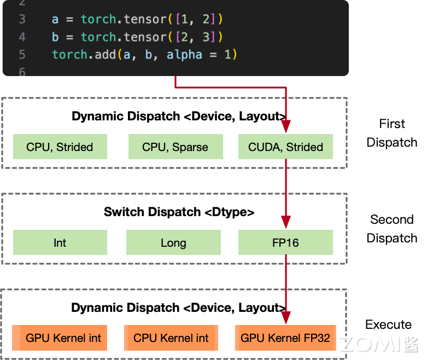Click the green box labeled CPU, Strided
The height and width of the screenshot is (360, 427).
coord(60,147)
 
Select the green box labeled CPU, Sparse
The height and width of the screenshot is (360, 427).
coord(175,147)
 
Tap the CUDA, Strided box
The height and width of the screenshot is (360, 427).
coord(285,147)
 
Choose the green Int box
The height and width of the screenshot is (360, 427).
coord(60,242)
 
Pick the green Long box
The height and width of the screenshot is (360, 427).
coord(173,242)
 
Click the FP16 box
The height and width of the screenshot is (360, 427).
coord(285,242)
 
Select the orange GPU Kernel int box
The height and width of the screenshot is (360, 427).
coord(60,338)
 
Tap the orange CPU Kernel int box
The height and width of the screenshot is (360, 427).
coord(171,338)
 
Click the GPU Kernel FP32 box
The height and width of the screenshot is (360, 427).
coord(285,338)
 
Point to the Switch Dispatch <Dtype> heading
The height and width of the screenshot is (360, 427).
coord(179,212)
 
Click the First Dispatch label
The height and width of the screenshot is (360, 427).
coord(391,133)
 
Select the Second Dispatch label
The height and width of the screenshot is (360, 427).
coord(391,229)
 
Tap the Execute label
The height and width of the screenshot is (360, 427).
coord(388,324)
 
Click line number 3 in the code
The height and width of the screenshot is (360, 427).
coord(22,19)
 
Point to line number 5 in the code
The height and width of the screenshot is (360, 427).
coord(22,55)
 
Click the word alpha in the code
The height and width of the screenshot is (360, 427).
coord(184,55)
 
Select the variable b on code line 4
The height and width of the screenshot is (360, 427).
coord(55,37)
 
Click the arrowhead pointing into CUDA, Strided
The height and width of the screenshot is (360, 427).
coord(285,127)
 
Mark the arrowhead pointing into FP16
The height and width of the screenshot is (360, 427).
coord(285,223)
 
